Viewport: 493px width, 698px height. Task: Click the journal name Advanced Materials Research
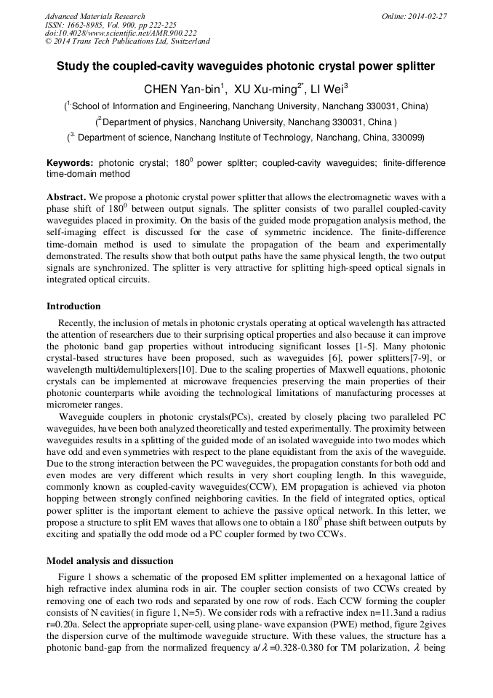(95, 16)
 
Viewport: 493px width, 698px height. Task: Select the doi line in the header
(121, 33)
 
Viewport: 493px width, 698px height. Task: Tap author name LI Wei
(328, 90)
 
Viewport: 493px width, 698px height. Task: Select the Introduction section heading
(73, 306)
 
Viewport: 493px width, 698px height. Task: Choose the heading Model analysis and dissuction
(110, 560)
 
